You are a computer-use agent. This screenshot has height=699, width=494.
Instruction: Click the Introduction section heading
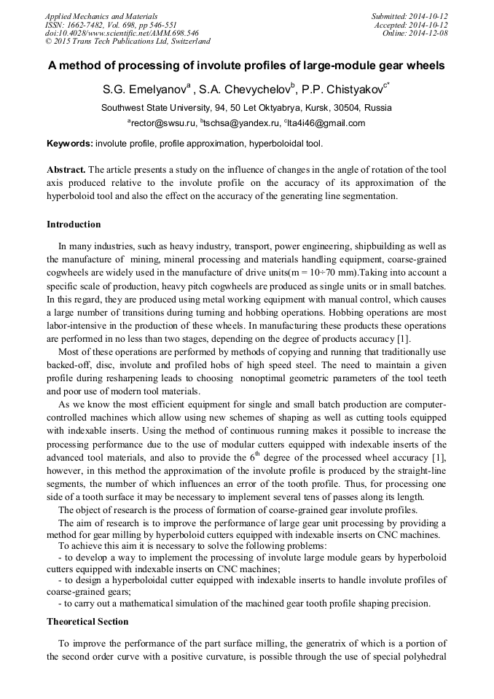[74, 224]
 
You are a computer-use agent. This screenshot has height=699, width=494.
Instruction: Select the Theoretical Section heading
[87, 622]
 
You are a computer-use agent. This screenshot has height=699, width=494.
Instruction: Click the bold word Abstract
[66, 169]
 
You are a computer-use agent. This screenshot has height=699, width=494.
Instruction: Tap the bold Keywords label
[69, 144]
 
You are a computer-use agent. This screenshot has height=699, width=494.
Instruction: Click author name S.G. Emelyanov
[144, 90]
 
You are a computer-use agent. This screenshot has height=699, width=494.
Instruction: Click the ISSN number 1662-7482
[88, 25]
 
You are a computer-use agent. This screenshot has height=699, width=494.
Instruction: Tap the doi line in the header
[122, 33]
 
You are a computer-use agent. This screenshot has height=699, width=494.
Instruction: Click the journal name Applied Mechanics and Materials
[101, 16]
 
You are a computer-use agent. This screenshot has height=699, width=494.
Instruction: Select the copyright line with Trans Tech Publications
[128, 42]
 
